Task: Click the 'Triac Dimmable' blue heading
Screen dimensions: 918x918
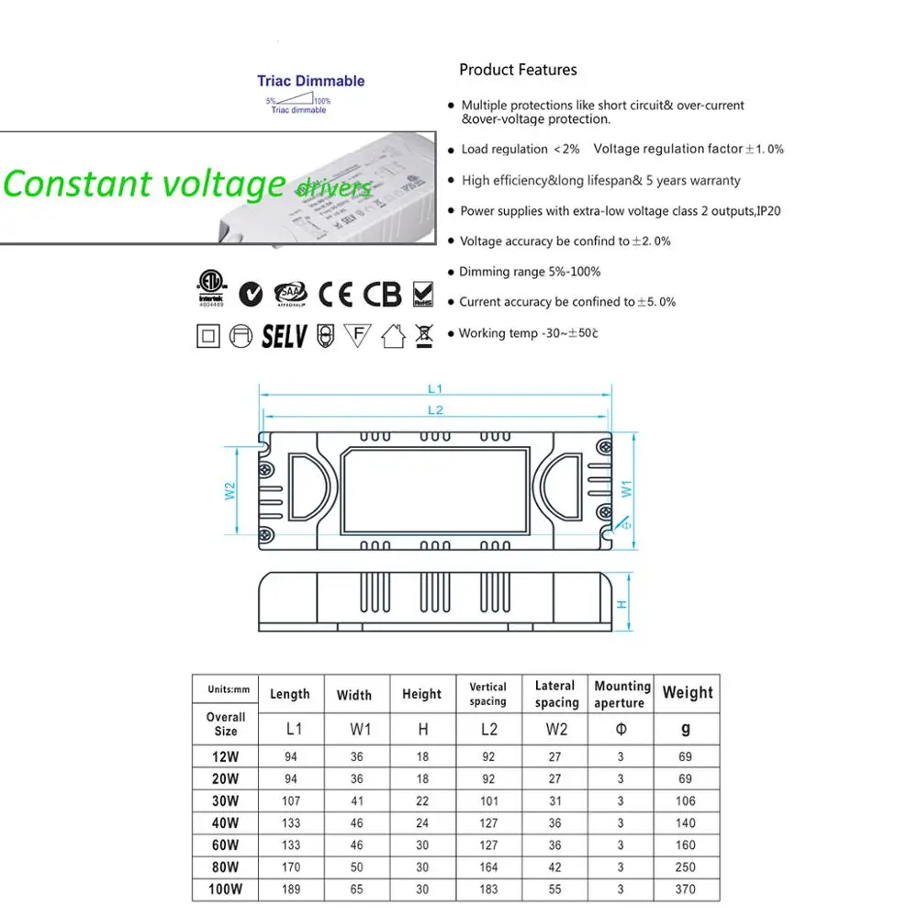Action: coord(310,81)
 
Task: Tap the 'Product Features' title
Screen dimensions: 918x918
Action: coord(518,70)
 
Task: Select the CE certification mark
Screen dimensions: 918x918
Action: coord(335,294)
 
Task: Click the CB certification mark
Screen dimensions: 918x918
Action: coord(382,294)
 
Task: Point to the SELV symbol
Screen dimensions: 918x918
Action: coord(284,336)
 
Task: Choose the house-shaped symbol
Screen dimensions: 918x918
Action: coord(393,336)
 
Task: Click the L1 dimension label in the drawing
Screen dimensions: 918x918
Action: coord(435,389)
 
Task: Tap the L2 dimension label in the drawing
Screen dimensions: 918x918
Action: coord(435,409)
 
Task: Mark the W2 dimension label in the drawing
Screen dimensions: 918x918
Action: coord(230,491)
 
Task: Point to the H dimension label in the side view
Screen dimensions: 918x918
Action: coord(621,605)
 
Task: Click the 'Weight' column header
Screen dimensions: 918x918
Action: coord(687,693)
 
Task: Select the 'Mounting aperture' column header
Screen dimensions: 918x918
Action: coord(622,694)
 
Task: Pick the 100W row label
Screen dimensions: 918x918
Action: coord(225,889)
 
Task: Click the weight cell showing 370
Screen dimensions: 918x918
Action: coord(686,889)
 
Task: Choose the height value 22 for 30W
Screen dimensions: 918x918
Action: coord(421,801)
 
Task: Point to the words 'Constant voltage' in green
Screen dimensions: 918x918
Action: coord(145,184)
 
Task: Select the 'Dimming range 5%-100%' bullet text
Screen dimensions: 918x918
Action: coord(530,272)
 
